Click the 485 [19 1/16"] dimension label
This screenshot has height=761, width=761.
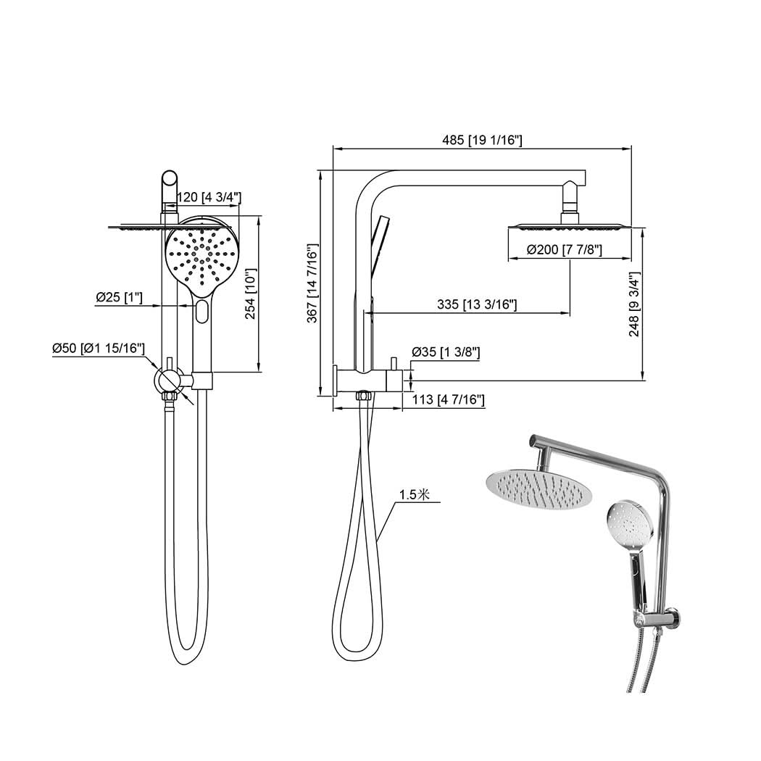[x=482, y=141]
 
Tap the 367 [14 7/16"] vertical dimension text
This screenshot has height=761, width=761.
[x=312, y=283]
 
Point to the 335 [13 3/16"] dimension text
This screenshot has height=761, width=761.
[x=477, y=304]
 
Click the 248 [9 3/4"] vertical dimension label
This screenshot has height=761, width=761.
[x=634, y=304]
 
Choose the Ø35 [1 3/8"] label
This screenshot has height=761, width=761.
[x=446, y=352]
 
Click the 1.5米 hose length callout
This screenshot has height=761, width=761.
[x=415, y=494]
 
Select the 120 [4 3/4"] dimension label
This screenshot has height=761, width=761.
[x=209, y=197]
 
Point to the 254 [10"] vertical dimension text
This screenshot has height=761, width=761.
[x=251, y=294]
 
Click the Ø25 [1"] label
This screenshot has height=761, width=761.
[x=119, y=296]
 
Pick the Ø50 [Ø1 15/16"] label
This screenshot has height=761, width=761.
[x=99, y=348]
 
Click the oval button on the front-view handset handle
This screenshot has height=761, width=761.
[x=202, y=311]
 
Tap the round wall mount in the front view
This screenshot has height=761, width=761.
[x=168, y=380]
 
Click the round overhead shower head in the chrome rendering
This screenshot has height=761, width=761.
[x=534, y=488]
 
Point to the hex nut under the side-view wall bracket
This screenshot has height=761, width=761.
[x=363, y=396]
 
